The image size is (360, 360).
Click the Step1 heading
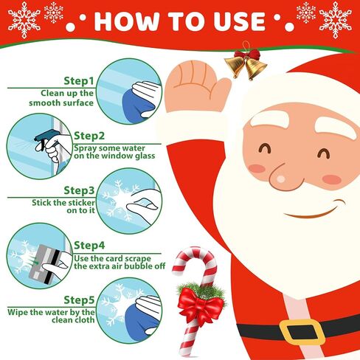(79, 81)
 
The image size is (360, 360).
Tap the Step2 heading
(89, 136)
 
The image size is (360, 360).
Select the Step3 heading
(79, 190)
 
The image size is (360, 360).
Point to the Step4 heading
(89, 245)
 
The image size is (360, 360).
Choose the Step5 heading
(79, 300)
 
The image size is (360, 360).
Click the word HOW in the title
(126, 21)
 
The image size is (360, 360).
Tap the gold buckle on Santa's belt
(302, 332)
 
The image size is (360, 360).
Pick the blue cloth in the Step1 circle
(141, 105)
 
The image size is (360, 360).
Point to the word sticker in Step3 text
(81, 203)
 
